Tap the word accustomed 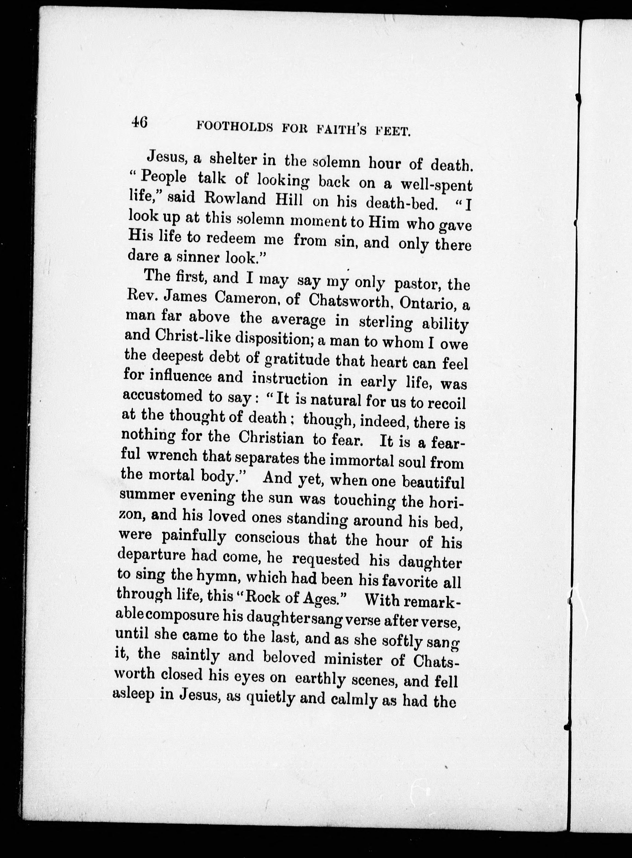tap(162, 396)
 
